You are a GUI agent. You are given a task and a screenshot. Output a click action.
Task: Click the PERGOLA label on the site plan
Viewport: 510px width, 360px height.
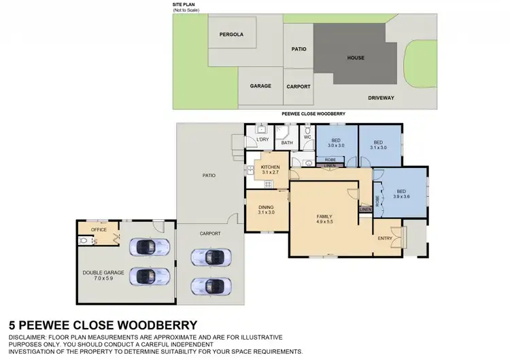pyautogui.click(x=231, y=35)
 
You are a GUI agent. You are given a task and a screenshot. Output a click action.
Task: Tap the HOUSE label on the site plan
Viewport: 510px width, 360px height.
pyautogui.click(x=356, y=58)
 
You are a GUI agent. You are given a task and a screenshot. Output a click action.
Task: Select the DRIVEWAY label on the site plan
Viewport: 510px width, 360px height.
pyautogui.click(x=381, y=97)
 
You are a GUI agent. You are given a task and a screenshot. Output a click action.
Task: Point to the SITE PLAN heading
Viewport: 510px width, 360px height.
pyautogui.click(x=184, y=4)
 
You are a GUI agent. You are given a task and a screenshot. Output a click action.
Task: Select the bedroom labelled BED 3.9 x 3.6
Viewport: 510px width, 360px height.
pyautogui.click(x=401, y=195)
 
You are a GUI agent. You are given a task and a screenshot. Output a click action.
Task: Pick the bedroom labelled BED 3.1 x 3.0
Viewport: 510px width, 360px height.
pyautogui.click(x=379, y=145)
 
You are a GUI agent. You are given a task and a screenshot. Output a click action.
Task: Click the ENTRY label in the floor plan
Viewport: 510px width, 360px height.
pyautogui.click(x=386, y=239)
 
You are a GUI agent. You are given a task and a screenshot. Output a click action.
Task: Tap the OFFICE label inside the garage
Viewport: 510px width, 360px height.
pyautogui.click(x=99, y=230)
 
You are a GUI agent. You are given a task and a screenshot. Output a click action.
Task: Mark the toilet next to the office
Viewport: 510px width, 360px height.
pyautogui.click(x=82, y=240)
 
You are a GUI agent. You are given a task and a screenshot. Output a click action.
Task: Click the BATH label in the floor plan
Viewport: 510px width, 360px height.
pyautogui.click(x=287, y=143)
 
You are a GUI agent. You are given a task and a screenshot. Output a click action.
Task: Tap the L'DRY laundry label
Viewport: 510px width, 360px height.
pyautogui.click(x=262, y=140)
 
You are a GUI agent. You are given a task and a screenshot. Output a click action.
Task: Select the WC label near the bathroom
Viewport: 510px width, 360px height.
pyautogui.click(x=307, y=137)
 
